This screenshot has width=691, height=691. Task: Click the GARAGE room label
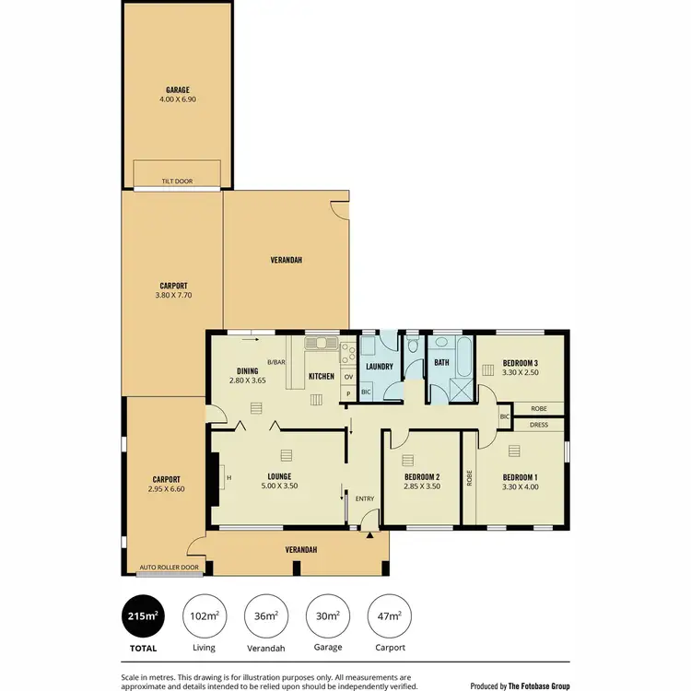point(178,90)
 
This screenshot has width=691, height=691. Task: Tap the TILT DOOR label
point(178,182)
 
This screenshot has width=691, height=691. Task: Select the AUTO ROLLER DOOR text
point(169,568)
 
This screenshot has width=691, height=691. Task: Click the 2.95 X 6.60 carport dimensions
point(166,489)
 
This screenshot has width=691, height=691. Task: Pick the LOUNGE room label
point(279,476)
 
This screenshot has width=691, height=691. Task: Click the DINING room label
point(246,370)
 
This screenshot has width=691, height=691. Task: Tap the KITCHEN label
point(322,376)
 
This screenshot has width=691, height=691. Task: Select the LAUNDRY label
point(380,367)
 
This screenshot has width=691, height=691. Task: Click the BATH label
point(442,363)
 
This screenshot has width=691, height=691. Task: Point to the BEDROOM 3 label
point(520,362)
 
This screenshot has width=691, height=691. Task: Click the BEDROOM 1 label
point(520,476)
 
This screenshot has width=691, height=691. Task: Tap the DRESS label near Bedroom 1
point(539,425)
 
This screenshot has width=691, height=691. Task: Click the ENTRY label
point(365,499)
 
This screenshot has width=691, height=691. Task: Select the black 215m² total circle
point(143,616)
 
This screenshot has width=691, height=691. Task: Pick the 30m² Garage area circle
point(328,616)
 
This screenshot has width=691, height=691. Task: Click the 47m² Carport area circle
point(390,616)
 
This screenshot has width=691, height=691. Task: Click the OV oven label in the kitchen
point(348,377)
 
